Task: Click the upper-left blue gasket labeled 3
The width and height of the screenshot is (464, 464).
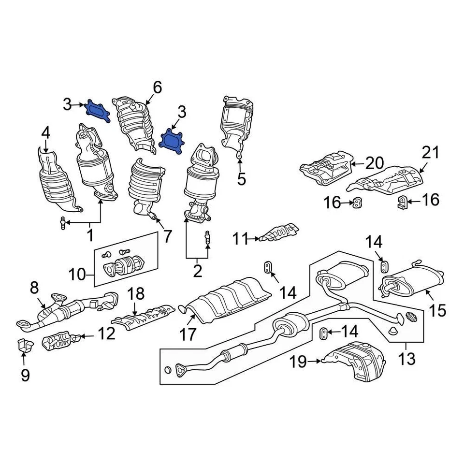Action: [x=98, y=111]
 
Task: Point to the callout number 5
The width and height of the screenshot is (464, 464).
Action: [x=241, y=179]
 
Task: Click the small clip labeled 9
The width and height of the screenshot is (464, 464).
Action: [x=24, y=346]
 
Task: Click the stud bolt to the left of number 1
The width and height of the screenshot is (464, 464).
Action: [x=63, y=223]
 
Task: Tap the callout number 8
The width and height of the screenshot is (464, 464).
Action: [x=34, y=288]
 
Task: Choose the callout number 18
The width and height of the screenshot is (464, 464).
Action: [x=136, y=294]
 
